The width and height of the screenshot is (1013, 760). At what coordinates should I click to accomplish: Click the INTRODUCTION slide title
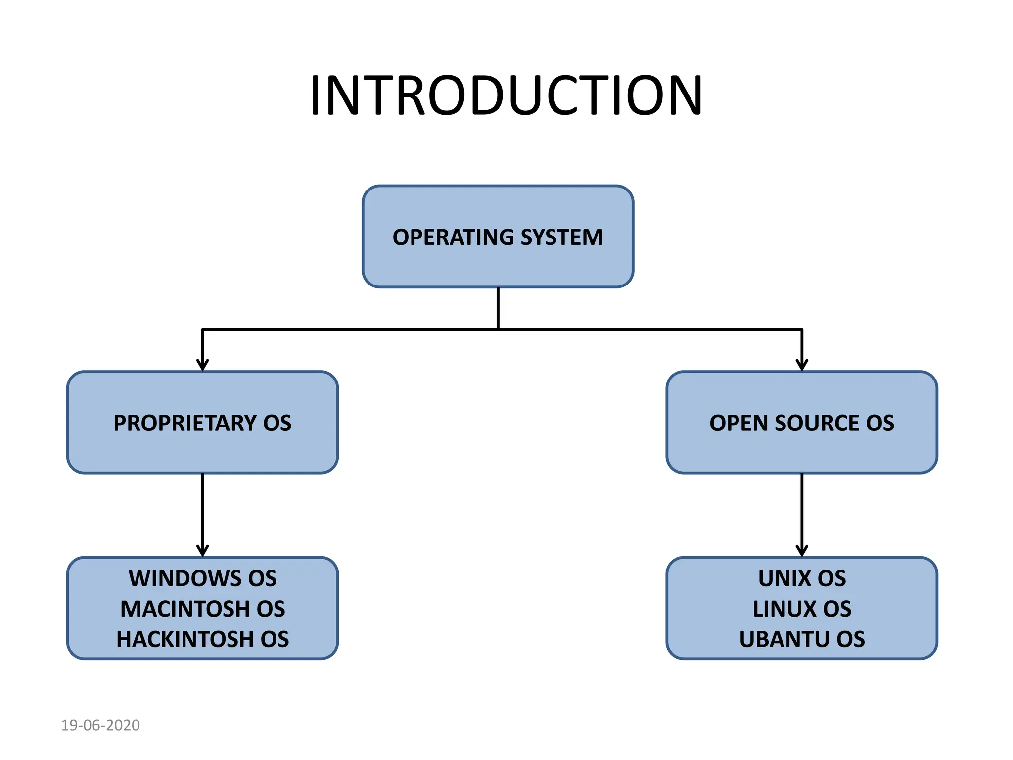pos(506,95)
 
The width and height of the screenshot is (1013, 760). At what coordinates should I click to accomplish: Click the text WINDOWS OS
pos(202,578)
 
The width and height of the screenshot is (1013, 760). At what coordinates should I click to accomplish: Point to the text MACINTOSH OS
pos(202,609)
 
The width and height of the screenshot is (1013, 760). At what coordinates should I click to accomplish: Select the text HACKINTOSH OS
pos(202,639)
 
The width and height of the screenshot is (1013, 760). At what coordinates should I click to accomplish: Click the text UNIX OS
pos(802,578)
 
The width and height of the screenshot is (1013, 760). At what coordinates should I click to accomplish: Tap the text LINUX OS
pos(802,609)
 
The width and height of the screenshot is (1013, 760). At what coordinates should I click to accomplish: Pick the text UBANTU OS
pos(802,639)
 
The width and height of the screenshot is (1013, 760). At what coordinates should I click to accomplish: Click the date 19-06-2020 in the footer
pos(100,725)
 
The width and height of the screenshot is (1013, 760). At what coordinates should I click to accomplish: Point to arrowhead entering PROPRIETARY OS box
pos(202,365)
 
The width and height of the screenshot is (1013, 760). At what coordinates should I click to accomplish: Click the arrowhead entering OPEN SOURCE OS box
pos(802,365)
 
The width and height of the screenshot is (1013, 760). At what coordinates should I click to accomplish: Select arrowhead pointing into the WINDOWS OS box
pos(202,551)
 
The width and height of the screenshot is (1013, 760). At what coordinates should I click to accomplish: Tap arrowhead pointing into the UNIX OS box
pos(802,551)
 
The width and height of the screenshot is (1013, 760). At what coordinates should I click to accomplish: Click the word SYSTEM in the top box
pos(561,237)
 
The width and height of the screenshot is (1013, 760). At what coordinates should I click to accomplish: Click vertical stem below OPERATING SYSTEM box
pos(498,308)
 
